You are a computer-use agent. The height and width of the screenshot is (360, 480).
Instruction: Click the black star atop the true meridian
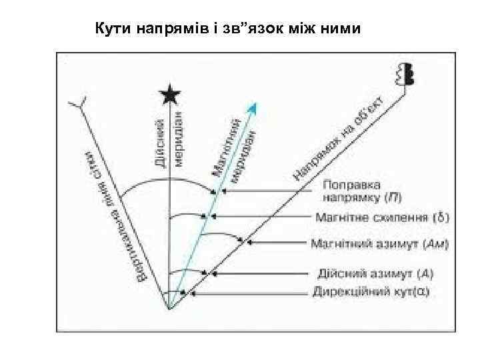pyautogui.click(x=171, y=96)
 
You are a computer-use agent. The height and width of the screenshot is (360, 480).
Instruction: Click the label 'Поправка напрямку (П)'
pyautogui.click(x=361, y=190)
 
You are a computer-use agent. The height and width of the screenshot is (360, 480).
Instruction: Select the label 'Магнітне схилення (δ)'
pyautogui.click(x=381, y=217)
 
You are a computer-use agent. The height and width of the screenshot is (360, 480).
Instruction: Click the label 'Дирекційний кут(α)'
pyautogui.click(x=371, y=292)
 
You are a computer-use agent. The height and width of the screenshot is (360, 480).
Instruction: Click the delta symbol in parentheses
pyautogui.click(x=441, y=217)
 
